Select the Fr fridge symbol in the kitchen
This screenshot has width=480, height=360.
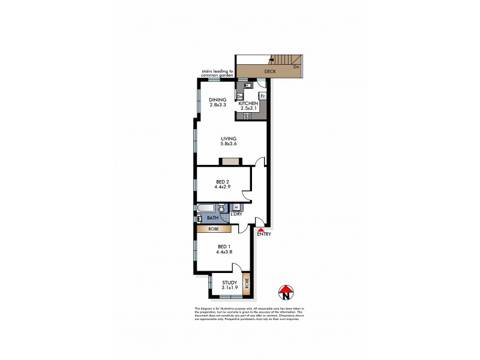[262, 96]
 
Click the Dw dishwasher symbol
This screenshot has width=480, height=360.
[240, 96]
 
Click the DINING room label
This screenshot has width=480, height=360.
[218, 100]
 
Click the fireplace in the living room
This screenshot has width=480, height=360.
[230, 161]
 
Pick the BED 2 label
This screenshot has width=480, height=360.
[223, 181]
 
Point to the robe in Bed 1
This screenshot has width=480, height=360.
[214, 229]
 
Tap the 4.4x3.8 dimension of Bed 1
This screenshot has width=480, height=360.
[224, 252]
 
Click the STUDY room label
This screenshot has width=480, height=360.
[229, 283]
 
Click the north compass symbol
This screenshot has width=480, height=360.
[286, 293]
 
